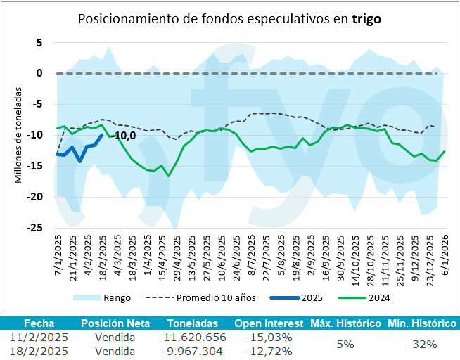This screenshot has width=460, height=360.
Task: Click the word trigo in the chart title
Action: tap(366, 19)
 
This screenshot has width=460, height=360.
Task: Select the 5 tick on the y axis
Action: tap(39, 42)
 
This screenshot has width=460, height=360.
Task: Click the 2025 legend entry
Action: tap(312, 298)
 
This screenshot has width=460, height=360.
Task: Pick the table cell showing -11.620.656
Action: tap(191, 337)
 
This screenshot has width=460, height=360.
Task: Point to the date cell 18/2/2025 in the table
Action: tap(39, 350)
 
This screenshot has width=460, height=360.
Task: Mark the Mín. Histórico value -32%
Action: tap(422, 344)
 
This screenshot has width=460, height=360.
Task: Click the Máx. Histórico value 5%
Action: tap(345, 344)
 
